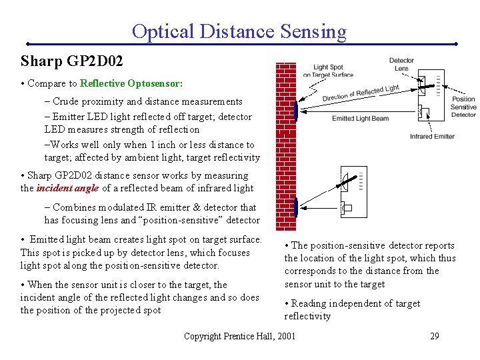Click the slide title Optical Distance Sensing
click(x=239, y=31)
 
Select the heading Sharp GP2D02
click(x=71, y=62)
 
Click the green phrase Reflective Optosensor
click(x=130, y=84)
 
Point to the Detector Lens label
click(x=401, y=65)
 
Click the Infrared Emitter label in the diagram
click(x=432, y=137)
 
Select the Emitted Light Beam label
click(x=360, y=118)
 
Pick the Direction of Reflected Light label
click(x=361, y=94)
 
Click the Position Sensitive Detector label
click(x=463, y=107)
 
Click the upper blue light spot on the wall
click(x=295, y=111)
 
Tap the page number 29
click(x=434, y=336)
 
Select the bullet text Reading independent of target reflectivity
click(x=352, y=310)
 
